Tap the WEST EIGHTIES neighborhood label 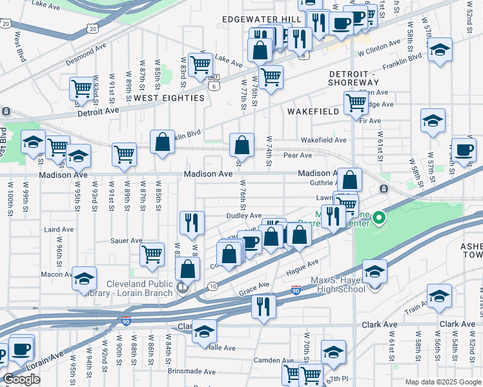coord(169,98)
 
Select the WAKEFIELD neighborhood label coord(313,112)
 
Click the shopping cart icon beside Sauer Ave coord(152,253)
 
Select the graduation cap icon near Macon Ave coord(84,278)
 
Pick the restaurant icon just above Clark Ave coord(263,306)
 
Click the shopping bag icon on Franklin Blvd coord(163,141)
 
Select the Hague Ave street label coord(303,265)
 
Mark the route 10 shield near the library coord(212,286)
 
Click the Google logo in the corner coord(21,379)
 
